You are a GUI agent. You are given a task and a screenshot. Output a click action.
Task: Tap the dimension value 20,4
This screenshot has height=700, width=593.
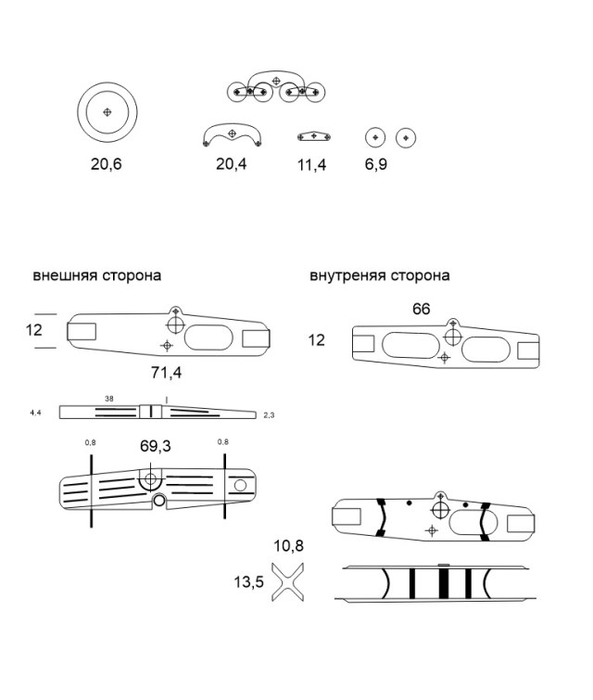click(232, 164)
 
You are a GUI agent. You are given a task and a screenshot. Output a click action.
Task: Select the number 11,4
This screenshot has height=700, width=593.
click(314, 164)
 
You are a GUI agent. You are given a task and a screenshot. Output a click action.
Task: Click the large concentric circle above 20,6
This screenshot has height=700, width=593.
click(107, 112)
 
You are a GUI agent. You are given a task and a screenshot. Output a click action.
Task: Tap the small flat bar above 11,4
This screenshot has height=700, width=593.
click(314, 137)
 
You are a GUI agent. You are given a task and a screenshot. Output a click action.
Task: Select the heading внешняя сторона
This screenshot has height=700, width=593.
click(96, 275)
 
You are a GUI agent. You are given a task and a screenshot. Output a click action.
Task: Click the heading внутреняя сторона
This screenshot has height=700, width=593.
click(380, 275)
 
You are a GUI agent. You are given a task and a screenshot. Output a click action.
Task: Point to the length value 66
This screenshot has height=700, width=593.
click(421, 309)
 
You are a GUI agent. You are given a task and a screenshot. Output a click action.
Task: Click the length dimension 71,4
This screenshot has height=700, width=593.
click(165, 373)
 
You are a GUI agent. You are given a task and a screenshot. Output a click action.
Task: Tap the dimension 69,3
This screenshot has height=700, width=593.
click(155, 446)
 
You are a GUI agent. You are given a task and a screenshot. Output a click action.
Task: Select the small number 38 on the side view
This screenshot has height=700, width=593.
click(109, 399)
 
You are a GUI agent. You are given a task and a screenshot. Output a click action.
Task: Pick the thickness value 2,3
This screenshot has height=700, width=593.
click(270, 414)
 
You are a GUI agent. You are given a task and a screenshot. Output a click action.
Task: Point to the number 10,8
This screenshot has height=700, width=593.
click(288, 546)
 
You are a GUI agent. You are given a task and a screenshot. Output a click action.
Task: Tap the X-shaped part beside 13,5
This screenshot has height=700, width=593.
click(289, 582)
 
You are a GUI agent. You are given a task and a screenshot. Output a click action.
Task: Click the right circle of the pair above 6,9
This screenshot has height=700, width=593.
click(405, 138)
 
